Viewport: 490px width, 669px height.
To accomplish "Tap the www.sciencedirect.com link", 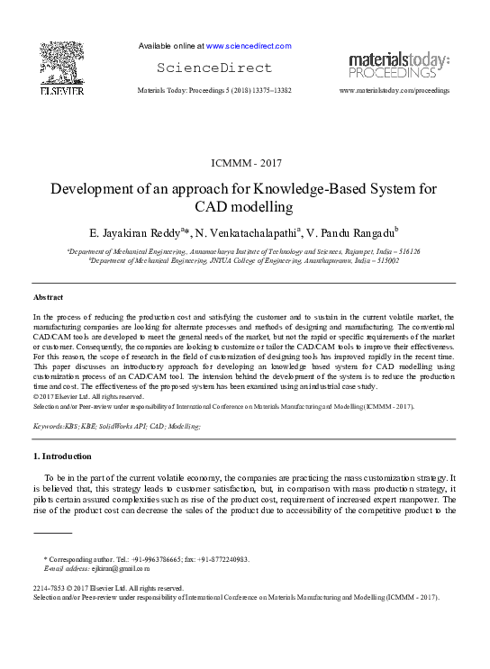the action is pyautogui.click(x=249, y=45).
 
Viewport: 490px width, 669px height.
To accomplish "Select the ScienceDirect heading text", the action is pyautogui.click(x=213, y=68).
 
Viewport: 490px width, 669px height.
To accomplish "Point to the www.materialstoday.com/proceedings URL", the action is pyautogui.click(x=394, y=92).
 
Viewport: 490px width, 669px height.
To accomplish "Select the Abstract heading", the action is pyautogui.click(x=48, y=297).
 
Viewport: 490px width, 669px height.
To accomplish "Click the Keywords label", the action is pyautogui.click(x=51, y=424).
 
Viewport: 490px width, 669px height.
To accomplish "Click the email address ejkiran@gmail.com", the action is pyautogui.click(x=115, y=569).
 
